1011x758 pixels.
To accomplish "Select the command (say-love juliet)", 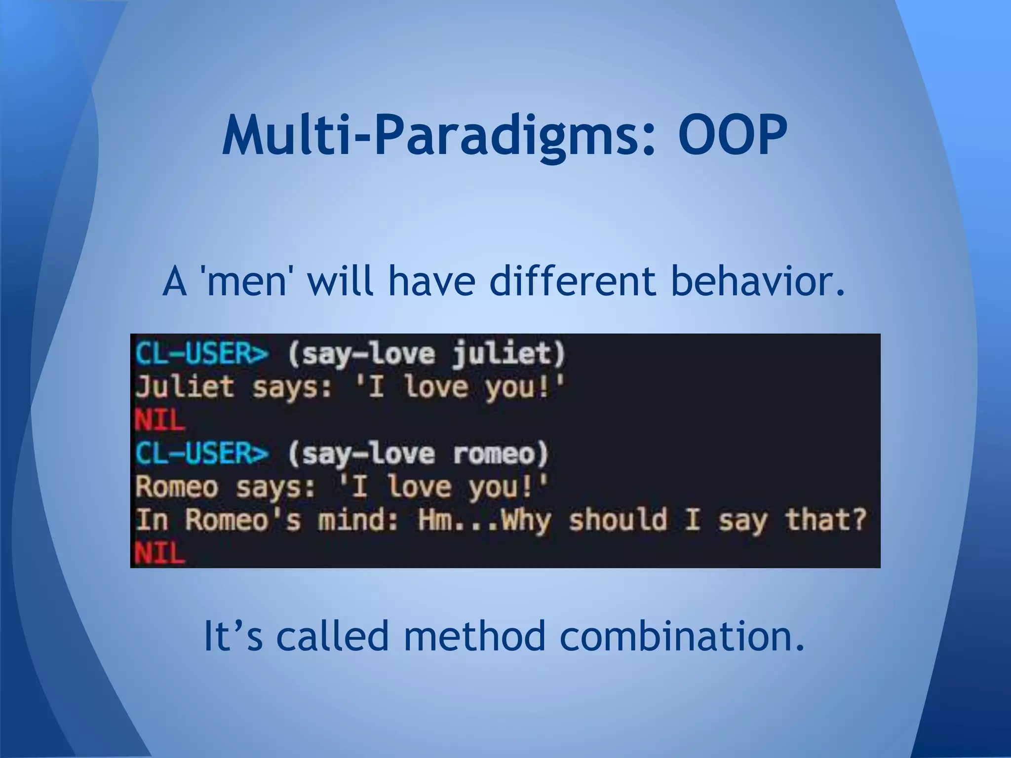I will pos(426,354).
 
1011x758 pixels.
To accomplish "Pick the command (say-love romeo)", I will pos(418,454).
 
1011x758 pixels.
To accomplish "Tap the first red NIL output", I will pos(159,420).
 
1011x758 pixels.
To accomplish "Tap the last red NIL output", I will pos(159,552).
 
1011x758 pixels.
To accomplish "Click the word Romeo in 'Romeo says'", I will pos(177,487).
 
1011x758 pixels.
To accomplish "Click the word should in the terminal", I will pos(618,520).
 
